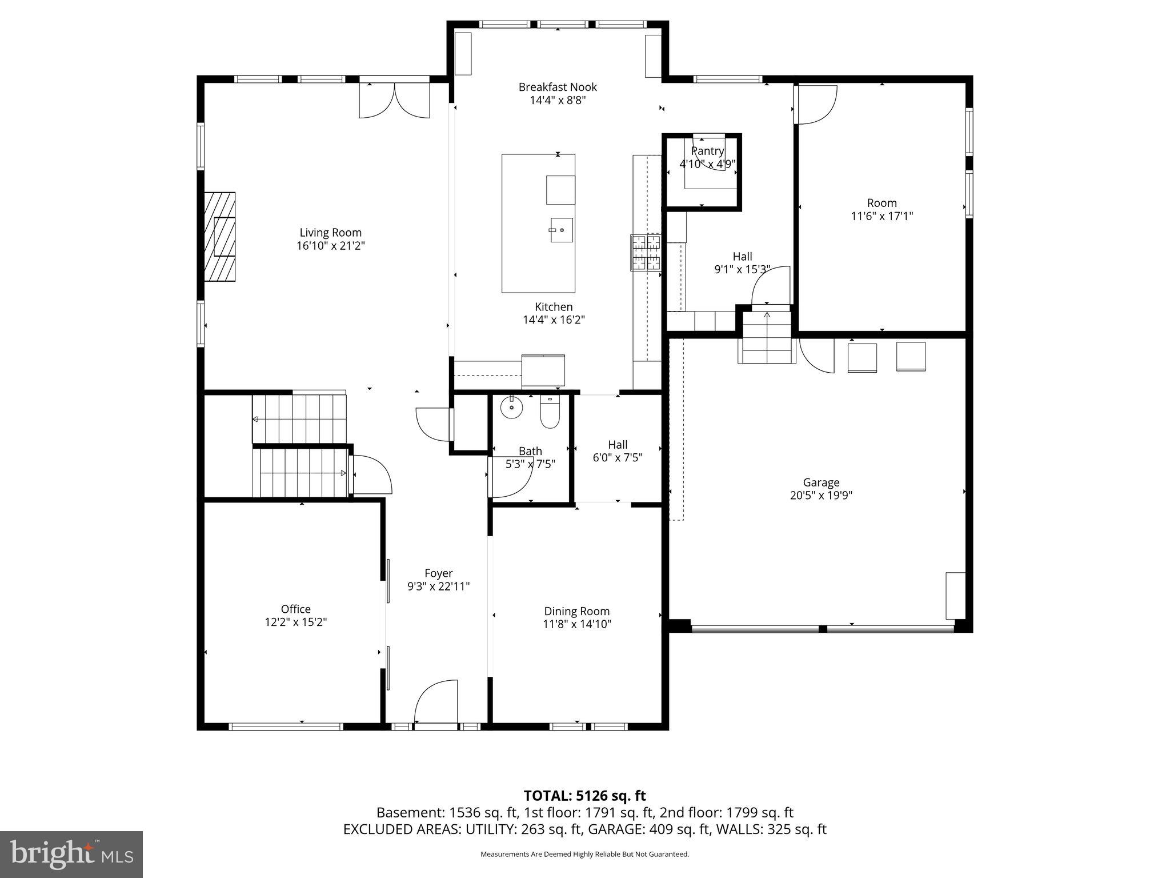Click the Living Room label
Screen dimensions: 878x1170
pyautogui.click(x=330, y=233)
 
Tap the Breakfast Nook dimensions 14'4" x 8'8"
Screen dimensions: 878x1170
pyautogui.click(x=558, y=101)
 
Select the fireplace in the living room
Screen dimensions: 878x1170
pyautogui.click(x=221, y=237)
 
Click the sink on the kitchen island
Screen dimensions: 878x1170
pyautogui.click(x=561, y=230)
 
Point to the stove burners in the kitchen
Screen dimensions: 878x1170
pyautogui.click(x=646, y=252)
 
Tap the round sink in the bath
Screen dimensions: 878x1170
pyautogui.click(x=511, y=408)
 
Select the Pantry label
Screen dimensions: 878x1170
pyautogui.click(x=707, y=151)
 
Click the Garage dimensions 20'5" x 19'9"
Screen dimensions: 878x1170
pyautogui.click(x=821, y=496)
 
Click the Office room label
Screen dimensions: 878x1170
pyautogui.click(x=295, y=609)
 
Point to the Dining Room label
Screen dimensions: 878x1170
pyautogui.click(x=576, y=611)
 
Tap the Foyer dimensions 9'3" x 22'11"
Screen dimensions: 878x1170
pyautogui.click(x=438, y=586)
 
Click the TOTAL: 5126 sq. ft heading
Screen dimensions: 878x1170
pyautogui.click(x=584, y=796)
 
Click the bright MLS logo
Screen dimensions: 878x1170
pyautogui.click(x=71, y=854)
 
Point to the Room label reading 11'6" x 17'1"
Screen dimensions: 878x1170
pyautogui.click(x=881, y=216)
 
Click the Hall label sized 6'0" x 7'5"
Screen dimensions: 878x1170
pyautogui.click(x=618, y=445)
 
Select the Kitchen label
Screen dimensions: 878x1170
pyautogui.click(x=554, y=307)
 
